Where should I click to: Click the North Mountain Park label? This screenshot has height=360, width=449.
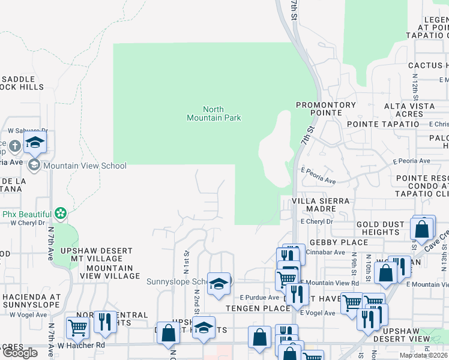(x=214, y=113)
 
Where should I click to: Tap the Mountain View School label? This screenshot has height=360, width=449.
(x=85, y=166)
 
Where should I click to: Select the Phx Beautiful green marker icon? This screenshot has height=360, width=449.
(x=59, y=213)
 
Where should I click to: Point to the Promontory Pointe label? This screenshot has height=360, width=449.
(x=326, y=109)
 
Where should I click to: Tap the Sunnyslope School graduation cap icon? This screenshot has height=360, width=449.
(x=218, y=283)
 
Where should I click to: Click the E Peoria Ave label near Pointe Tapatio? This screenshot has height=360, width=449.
(x=411, y=161)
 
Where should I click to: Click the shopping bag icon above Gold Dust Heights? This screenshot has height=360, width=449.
(x=422, y=229)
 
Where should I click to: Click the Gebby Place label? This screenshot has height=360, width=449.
(x=338, y=242)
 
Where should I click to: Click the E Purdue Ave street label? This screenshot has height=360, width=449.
(x=259, y=298)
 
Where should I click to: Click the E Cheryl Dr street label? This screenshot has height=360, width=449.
(x=317, y=221)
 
